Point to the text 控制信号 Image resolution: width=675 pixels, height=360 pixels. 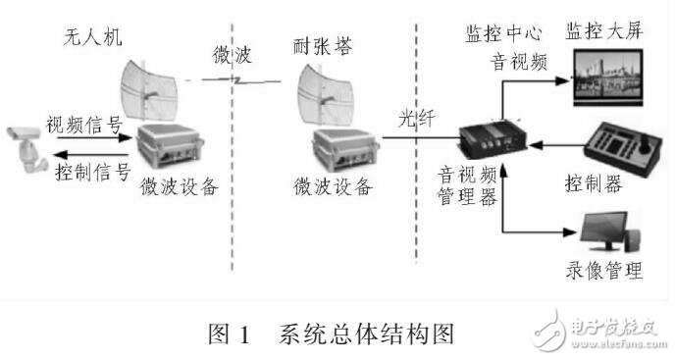(92, 174)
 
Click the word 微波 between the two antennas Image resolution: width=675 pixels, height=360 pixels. (233, 54)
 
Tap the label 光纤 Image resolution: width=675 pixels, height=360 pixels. (414, 118)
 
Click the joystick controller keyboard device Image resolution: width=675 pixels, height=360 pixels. (621, 150)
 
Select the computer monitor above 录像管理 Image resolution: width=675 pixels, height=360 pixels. (608, 232)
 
